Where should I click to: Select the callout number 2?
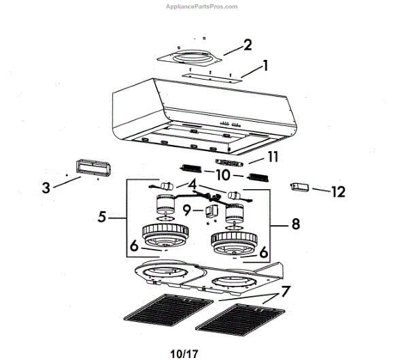coord(248,45)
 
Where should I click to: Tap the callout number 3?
coord(46,188)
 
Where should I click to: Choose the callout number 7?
coord(286,292)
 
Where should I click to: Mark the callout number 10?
coord(222,174)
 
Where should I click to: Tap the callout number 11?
coord(273,157)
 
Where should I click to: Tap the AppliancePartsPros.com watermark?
coord(202,6)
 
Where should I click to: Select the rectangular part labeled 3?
coord(88,168)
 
